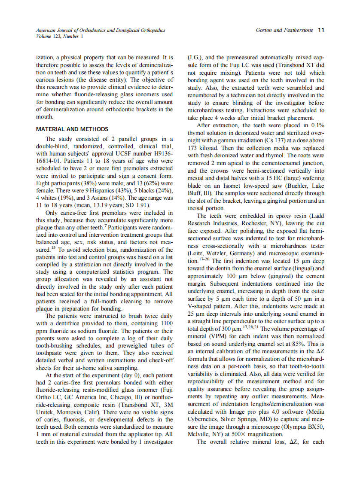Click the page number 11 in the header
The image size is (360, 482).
(x=321, y=30)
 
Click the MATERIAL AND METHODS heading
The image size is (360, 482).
(x=72, y=129)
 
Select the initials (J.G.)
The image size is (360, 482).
(x=195, y=57)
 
